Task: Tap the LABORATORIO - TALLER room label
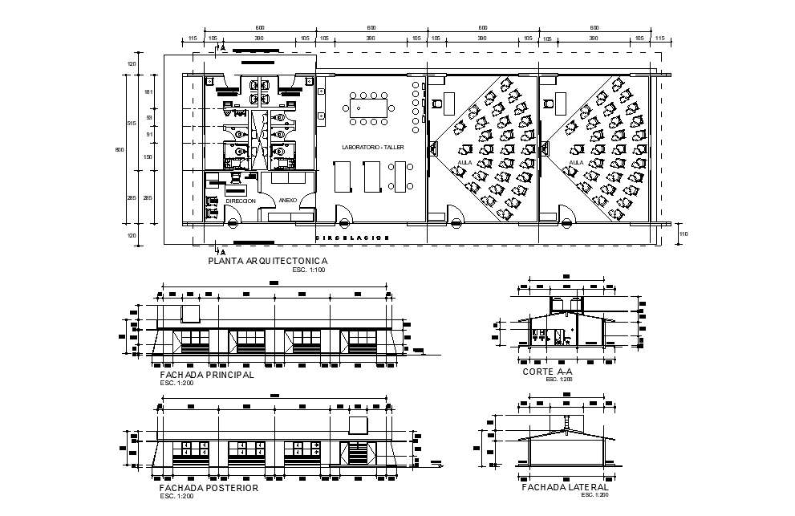click(x=373, y=148)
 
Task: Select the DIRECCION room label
click(x=240, y=201)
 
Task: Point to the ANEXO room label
click(x=287, y=200)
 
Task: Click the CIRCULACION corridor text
click(x=352, y=238)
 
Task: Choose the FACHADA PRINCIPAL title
click(x=207, y=375)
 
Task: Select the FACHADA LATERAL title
click(x=565, y=487)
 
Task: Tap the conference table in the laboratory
click(x=369, y=106)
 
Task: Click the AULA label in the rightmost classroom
click(x=575, y=163)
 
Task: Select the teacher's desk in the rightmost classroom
click(x=557, y=102)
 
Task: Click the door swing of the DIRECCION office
click(x=234, y=215)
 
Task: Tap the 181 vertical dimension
click(x=148, y=92)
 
